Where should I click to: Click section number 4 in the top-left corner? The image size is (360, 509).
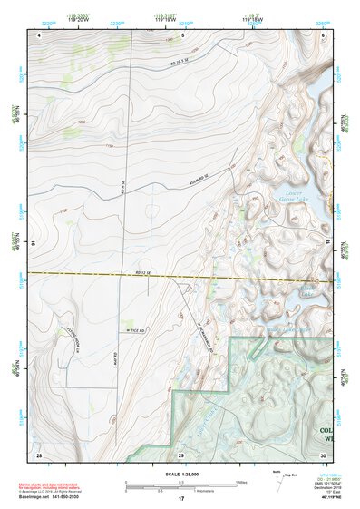pyautogui.click(x=40, y=34)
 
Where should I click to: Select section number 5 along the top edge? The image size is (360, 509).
pyautogui.click(x=182, y=34)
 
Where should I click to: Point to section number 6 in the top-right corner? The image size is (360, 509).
pyautogui.click(x=323, y=34)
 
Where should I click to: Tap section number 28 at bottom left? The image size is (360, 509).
pyautogui.click(x=39, y=454)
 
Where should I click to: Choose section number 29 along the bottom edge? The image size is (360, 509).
pyautogui.click(x=181, y=454)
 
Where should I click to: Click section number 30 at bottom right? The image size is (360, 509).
pyautogui.click(x=323, y=454)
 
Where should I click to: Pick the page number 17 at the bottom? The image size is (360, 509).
pyautogui.click(x=181, y=499)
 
